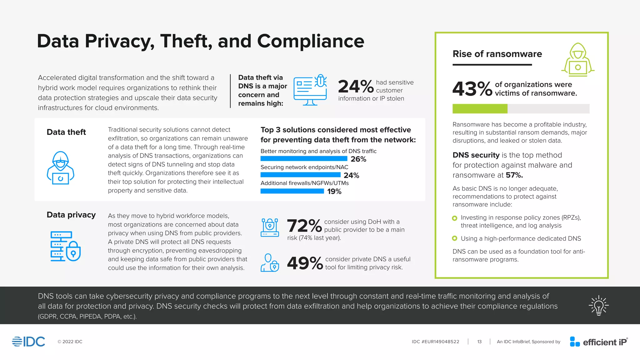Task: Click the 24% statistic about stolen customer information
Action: point(356,87)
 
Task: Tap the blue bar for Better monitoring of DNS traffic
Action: point(304,159)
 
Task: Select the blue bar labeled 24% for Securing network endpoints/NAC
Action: point(300,175)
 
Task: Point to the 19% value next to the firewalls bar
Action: point(334,191)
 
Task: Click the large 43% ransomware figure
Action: point(472,89)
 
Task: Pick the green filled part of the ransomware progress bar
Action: point(480,109)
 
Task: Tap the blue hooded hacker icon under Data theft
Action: point(60,168)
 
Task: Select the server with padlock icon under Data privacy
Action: point(65,246)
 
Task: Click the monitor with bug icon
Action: point(310,90)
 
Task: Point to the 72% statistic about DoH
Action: point(304,226)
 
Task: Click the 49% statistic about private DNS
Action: point(305,263)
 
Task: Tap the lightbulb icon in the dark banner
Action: point(598,306)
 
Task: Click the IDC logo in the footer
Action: point(29,342)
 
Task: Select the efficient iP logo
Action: point(598,342)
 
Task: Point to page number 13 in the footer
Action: point(479,342)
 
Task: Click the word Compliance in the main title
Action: point(310,41)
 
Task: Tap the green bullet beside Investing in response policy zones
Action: point(455,218)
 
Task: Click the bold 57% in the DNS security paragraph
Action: point(514,175)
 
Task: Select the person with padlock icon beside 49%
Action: point(270,263)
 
